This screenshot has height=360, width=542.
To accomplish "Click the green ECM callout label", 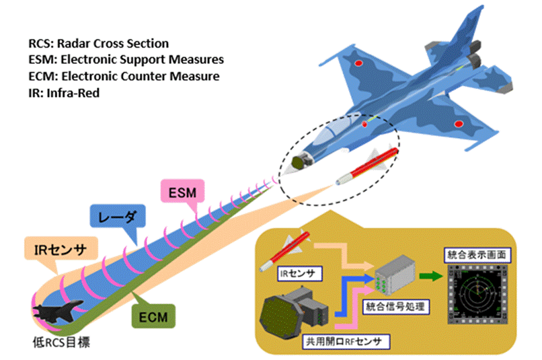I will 153,314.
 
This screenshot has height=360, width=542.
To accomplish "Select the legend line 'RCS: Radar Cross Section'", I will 98,44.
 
